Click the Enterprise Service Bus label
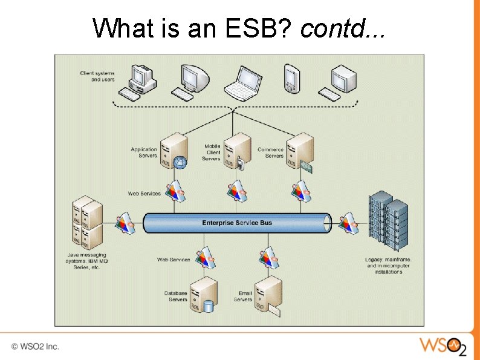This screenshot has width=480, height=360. (x=237, y=223)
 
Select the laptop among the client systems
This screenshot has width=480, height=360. (x=241, y=83)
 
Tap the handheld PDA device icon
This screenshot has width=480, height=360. (x=292, y=79)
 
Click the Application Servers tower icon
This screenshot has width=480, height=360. (x=176, y=151)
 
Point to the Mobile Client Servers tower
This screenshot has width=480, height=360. (x=237, y=151)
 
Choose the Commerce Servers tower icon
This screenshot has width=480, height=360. (x=300, y=151)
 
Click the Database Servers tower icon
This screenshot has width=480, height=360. (x=204, y=295)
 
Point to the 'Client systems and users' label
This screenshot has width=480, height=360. (x=97, y=77)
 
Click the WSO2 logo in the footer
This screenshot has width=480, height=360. (x=443, y=347)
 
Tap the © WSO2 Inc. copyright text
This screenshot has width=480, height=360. (x=35, y=347)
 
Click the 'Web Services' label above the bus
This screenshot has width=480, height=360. (x=144, y=194)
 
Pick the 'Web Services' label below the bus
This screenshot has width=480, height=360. (x=174, y=260)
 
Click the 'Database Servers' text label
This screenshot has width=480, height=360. (x=176, y=296)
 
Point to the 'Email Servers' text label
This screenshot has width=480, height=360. (x=242, y=296)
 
